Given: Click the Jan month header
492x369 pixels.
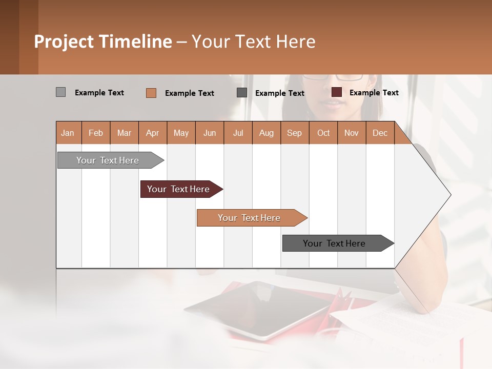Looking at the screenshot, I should pos(68,133).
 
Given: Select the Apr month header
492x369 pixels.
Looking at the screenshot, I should pos(153,133).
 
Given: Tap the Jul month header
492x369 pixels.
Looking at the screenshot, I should pos(238,133).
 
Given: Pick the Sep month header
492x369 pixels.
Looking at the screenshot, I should pos(294,133).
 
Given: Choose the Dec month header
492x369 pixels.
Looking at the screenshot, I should pos(380,133).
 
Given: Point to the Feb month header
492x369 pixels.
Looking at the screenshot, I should pos(96,133).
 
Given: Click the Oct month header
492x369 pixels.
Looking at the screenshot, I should pos(323,133).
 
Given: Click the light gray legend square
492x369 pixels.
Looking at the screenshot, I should pos(60,92).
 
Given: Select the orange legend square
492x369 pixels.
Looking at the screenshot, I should pos(151,93).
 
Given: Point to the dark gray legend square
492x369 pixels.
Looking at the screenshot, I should pos(242,93).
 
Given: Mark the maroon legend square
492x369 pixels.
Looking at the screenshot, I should pos(336,92).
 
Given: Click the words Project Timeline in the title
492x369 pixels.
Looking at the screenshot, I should pos(103,42).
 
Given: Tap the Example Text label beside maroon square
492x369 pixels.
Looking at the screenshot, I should pos(374,93).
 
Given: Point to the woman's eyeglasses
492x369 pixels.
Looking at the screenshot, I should pos(333,77).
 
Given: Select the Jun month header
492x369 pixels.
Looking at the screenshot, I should pos(210,133).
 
